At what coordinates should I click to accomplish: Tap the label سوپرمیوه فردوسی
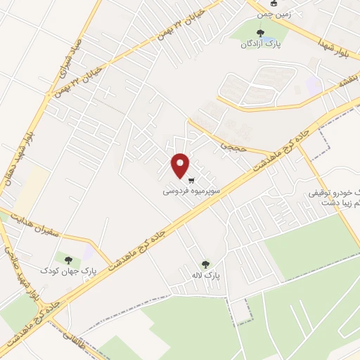click(192, 191)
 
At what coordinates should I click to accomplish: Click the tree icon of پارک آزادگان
click(262, 32)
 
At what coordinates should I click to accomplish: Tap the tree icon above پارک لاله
click(205, 264)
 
